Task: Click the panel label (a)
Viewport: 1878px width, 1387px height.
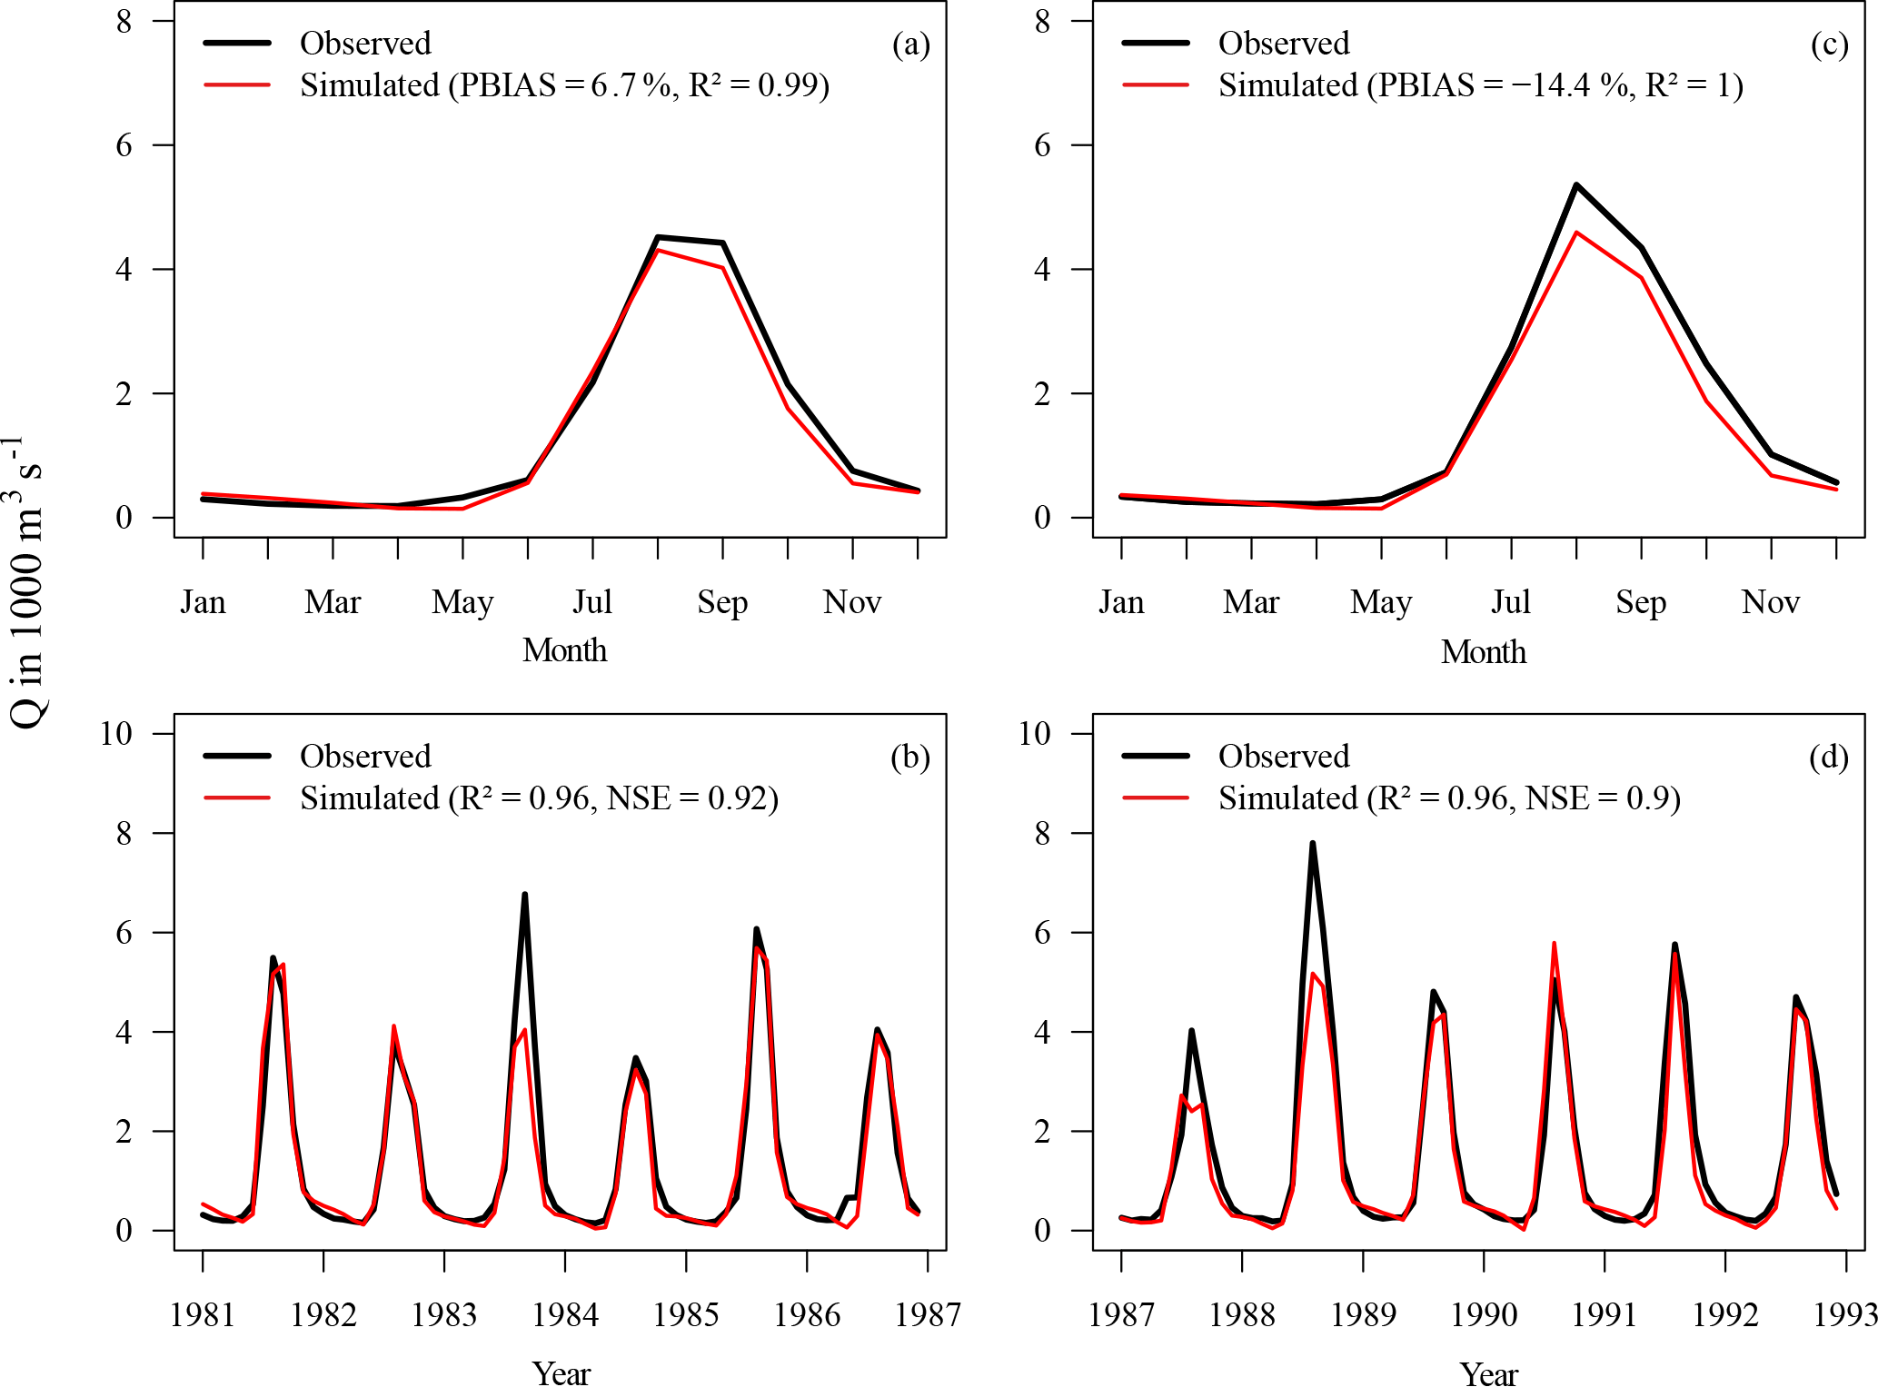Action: click(x=910, y=45)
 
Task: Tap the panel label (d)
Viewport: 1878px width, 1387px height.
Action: click(x=1828, y=758)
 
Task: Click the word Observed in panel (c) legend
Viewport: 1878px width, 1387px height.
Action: click(x=1283, y=44)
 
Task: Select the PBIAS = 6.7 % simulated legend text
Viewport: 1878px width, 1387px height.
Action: click(x=564, y=85)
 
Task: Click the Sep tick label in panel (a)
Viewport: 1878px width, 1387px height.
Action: click(x=722, y=602)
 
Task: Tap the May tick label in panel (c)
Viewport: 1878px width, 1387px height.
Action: click(x=1381, y=602)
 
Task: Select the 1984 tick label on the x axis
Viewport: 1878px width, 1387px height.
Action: click(x=564, y=1314)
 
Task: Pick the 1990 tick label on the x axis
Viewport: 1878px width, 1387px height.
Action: click(x=1484, y=1314)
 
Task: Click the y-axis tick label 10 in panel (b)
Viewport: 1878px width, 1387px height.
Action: click(x=116, y=733)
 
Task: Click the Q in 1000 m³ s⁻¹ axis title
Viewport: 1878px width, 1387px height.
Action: click(x=25, y=581)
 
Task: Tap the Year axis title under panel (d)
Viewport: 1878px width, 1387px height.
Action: click(x=1488, y=1372)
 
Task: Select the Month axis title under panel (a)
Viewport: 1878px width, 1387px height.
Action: click(x=564, y=650)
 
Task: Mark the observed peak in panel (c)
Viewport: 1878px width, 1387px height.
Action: click(x=1576, y=185)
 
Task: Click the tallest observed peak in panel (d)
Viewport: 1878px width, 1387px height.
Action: click(x=1312, y=844)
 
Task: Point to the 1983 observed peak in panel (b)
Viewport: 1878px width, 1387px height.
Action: click(x=524, y=895)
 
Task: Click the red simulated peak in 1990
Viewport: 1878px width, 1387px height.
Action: click(x=1554, y=944)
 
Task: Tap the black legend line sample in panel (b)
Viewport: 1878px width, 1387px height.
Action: click(x=237, y=756)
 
